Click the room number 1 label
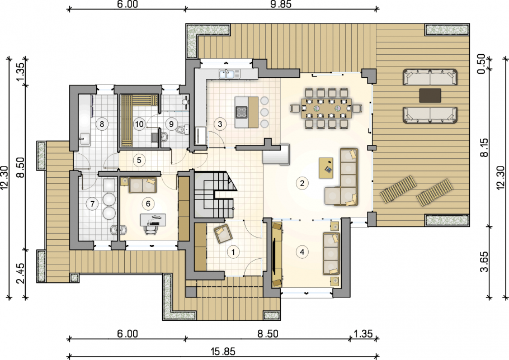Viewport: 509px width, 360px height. [233, 252]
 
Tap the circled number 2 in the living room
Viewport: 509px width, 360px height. [302, 183]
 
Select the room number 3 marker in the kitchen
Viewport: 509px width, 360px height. [220, 124]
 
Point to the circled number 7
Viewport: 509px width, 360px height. [92, 203]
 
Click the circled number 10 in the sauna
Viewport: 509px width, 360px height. [139, 124]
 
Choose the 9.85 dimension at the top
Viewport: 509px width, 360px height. [281, 4]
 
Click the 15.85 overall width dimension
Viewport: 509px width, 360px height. [223, 351]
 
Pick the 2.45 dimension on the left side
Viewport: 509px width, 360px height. [20, 273]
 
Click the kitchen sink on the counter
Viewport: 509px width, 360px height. [229, 74]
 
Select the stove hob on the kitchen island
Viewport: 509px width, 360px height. [242, 112]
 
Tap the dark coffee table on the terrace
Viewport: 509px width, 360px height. [430, 96]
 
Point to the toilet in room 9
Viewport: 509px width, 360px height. [181, 130]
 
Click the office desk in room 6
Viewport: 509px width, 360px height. [153, 220]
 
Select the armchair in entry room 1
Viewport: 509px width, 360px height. [223, 234]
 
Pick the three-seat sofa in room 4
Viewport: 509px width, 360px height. [332, 253]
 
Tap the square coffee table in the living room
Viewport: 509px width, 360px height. [326, 168]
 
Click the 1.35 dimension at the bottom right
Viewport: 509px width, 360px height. [363, 334]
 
